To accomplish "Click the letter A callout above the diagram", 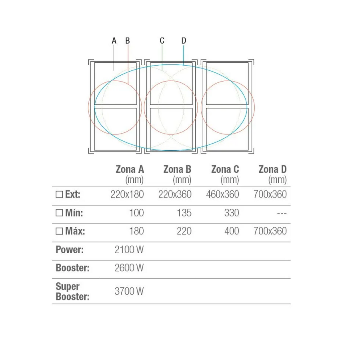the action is coord(114,41).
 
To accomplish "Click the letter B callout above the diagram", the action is coord(128,41).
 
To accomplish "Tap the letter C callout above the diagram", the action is coord(162,41).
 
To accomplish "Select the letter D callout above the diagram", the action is coord(184,41).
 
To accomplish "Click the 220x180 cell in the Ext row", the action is coord(127,194).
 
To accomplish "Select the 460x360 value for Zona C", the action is coord(222,194).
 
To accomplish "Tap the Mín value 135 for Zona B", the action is coord(184,213).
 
